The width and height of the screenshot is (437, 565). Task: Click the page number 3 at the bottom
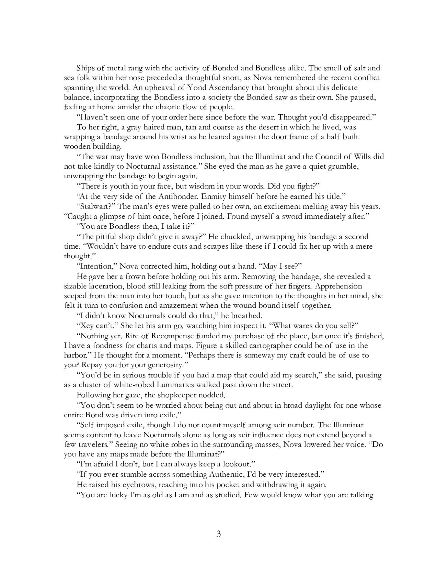(218, 534)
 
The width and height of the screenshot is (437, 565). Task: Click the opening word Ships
(86, 68)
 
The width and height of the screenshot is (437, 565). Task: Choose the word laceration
(106, 286)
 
